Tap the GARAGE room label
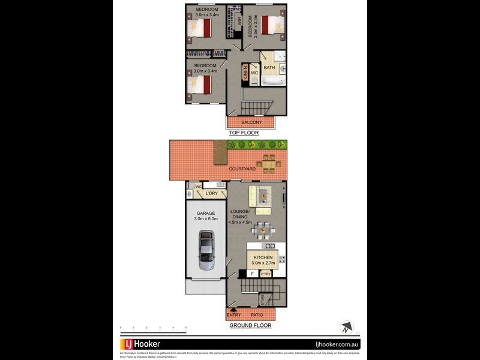(206, 213)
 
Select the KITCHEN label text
(262, 257)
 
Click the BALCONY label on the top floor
(251, 122)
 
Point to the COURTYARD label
(242, 169)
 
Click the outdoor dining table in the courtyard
(267, 163)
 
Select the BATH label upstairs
(269, 68)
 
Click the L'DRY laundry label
(211, 193)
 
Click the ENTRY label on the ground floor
(233, 315)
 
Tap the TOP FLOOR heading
(244, 133)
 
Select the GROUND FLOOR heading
(250, 326)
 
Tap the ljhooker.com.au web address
(337, 344)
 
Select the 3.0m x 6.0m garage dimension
(206, 219)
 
